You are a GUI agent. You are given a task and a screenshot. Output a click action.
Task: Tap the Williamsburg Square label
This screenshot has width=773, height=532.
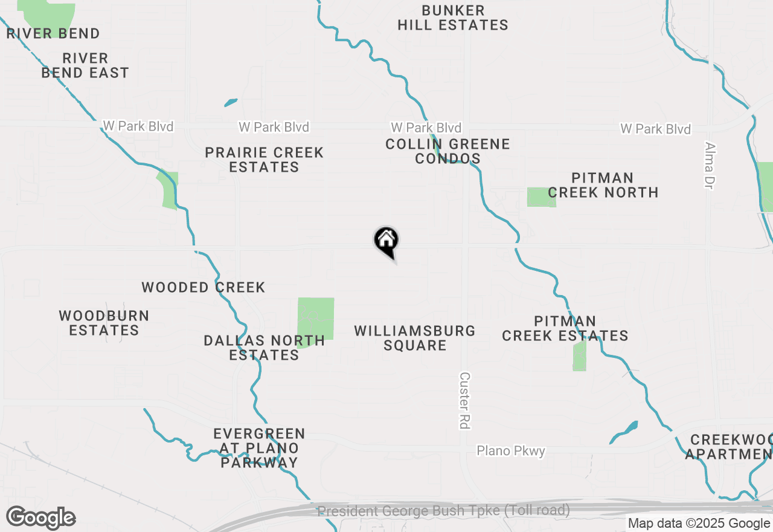(x=415, y=338)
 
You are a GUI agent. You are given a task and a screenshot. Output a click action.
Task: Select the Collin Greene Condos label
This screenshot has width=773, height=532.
(x=447, y=151)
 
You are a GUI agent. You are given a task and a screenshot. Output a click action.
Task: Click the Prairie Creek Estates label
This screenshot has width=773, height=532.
(x=264, y=160)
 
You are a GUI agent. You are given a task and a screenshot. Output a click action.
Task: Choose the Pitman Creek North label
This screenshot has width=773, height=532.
(x=603, y=185)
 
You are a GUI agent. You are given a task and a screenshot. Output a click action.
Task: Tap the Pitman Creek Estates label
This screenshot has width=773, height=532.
(x=565, y=328)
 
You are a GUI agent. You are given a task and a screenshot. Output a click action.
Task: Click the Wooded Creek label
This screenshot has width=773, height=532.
(x=204, y=287)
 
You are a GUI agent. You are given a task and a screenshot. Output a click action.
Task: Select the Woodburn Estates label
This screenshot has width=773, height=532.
(x=104, y=323)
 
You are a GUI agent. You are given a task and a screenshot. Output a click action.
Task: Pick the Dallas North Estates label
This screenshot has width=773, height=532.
(x=264, y=348)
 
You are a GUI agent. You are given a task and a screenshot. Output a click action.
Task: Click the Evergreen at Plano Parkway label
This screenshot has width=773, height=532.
(x=259, y=448)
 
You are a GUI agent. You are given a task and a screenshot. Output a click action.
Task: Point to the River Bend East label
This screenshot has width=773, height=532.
(x=85, y=65)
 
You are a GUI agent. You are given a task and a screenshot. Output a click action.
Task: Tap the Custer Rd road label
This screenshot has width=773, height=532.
(x=464, y=400)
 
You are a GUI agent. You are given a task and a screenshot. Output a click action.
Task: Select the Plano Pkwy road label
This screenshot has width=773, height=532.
(x=511, y=451)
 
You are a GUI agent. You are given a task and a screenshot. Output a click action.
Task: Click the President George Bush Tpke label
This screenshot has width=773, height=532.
(x=443, y=510)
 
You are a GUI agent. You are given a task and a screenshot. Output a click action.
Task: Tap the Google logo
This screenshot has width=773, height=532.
(x=40, y=518)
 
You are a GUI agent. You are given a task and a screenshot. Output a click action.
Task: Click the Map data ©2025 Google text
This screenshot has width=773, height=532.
(x=699, y=524)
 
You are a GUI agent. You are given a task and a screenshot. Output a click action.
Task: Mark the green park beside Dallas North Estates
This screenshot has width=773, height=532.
(x=316, y=319)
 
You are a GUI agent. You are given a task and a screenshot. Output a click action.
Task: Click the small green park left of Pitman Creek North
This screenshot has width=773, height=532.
(x=541, y=197)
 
